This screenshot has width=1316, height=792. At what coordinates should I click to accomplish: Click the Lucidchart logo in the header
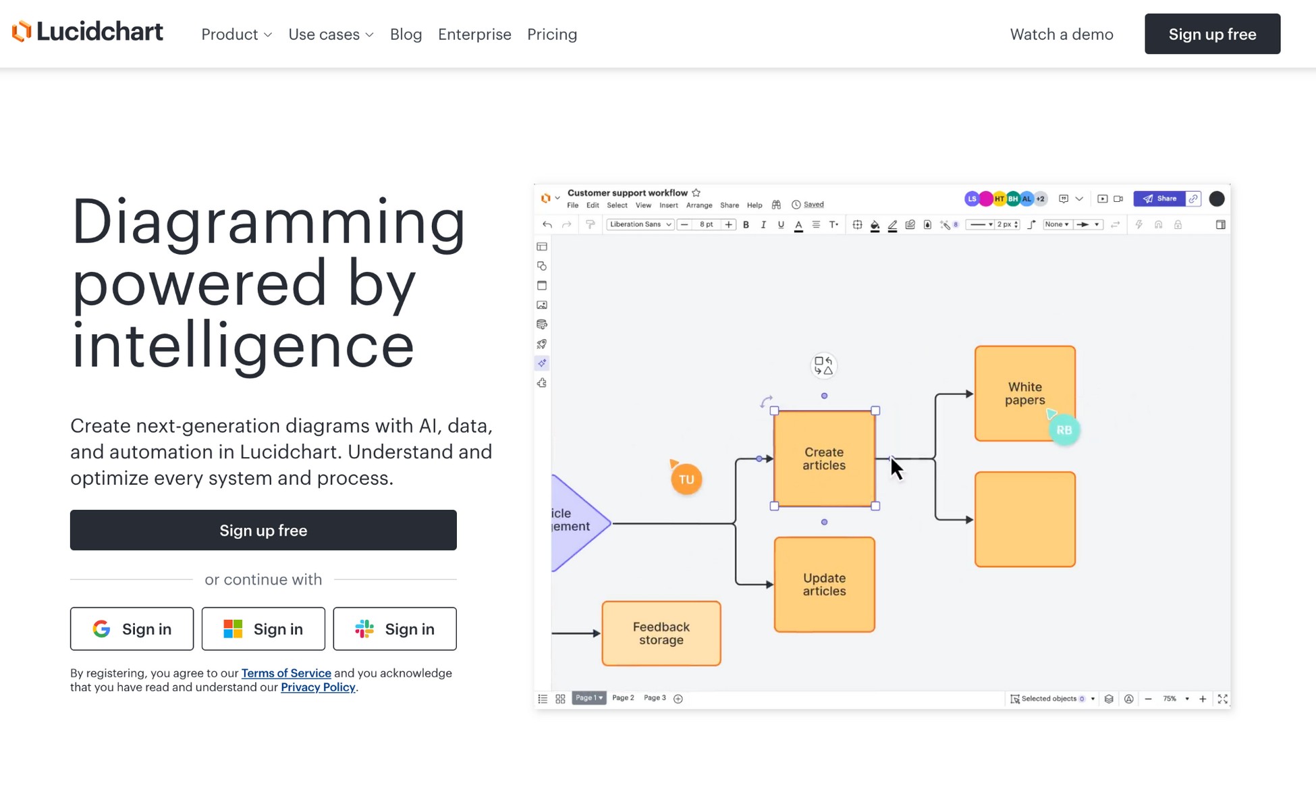88,32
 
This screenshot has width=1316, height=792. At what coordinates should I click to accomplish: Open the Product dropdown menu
236,34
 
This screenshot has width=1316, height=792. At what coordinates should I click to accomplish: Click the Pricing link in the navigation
552,34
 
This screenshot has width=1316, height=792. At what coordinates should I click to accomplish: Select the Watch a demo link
1062,34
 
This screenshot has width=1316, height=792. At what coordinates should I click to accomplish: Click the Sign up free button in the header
1212,34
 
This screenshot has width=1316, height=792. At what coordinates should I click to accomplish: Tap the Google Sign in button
132,629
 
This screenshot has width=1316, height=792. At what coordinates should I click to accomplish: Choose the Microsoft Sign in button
263,629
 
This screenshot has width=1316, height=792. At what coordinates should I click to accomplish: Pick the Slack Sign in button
395,629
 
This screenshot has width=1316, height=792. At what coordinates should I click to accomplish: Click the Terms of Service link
286,673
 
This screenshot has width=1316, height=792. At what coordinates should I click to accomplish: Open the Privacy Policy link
318,687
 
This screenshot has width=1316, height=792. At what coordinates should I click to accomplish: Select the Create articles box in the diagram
824,458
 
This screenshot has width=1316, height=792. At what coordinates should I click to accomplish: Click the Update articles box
824,585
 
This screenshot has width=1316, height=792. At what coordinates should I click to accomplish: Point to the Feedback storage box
661,633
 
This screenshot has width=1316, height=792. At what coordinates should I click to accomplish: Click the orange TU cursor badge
686,479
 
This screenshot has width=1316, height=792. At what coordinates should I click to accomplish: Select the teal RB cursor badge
1064,430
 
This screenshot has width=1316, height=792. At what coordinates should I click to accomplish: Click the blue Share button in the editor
1159,199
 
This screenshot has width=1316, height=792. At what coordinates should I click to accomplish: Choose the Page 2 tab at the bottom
623,698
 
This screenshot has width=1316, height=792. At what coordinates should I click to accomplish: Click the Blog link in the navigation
406,34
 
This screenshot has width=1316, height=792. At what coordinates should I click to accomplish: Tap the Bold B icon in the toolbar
746,225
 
